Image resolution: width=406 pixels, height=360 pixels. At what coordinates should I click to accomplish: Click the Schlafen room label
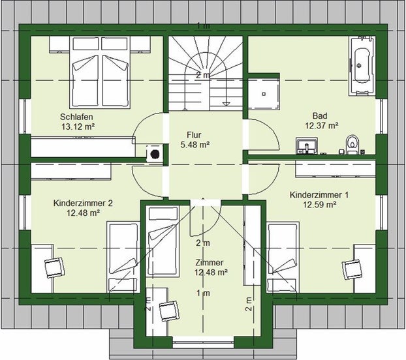point(76,117)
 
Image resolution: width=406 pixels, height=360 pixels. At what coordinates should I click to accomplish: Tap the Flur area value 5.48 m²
point(195,145)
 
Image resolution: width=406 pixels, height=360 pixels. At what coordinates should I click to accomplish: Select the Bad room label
point(320,115)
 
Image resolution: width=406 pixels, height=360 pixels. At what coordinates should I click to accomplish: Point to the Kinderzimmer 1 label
point(319,195)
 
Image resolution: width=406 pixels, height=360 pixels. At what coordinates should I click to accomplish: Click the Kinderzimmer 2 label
point(83,203)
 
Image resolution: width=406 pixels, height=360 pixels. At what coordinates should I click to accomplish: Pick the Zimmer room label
point(210,263)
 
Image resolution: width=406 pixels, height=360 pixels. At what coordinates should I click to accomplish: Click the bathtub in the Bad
point(362,67)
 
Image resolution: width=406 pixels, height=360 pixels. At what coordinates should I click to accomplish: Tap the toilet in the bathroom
point(352,145)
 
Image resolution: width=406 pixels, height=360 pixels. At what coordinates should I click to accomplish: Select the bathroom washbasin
point(307,146)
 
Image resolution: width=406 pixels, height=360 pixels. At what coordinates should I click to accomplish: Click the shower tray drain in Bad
point(264,94)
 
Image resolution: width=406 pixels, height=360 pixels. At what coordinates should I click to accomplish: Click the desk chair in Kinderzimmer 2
point(54,267)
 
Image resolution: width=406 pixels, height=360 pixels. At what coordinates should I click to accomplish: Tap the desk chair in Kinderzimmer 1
point(352,269)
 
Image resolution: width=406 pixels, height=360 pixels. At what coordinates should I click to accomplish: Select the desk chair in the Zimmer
point(169,311)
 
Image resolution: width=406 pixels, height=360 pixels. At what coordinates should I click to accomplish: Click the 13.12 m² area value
point(78,127)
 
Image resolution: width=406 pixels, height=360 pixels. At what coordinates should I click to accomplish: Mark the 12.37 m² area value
point(322,126)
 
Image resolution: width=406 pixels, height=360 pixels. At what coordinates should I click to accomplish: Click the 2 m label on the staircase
point(203,75)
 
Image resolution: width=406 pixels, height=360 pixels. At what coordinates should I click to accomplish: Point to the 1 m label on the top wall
point(204,26)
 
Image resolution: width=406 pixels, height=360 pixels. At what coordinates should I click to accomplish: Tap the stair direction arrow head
point(226,104)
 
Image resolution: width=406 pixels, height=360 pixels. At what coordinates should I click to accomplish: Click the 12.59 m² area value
point(320,205)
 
